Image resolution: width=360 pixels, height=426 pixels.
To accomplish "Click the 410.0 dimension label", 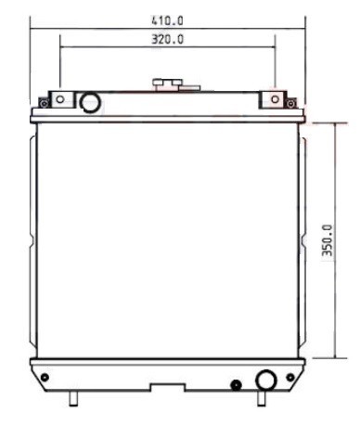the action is click(167, 20).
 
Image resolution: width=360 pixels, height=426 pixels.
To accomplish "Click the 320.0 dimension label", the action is click(167, 39).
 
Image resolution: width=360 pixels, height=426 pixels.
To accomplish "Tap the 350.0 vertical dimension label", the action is click(328, 240).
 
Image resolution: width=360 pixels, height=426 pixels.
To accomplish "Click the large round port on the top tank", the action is click(90, 102).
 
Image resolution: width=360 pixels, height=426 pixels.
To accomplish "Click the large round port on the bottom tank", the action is click(266, 381).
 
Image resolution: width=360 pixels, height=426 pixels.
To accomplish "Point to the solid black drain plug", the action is click(237, 385).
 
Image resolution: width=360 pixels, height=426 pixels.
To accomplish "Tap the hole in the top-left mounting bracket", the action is click(60, 99).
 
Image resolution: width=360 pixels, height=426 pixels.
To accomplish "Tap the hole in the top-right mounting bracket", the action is click(276, 99).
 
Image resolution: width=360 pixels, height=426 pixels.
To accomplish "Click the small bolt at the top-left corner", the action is click(45, 103).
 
